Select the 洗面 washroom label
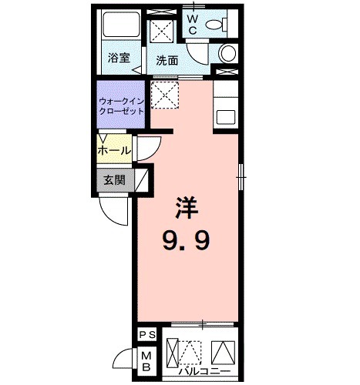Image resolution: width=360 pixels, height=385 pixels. coord(167,59)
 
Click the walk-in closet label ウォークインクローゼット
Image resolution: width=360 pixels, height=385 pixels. coord(120,105)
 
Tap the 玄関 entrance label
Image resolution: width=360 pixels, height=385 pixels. coord(114,181)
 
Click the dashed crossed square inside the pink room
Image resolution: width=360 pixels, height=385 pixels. coord(164,96)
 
